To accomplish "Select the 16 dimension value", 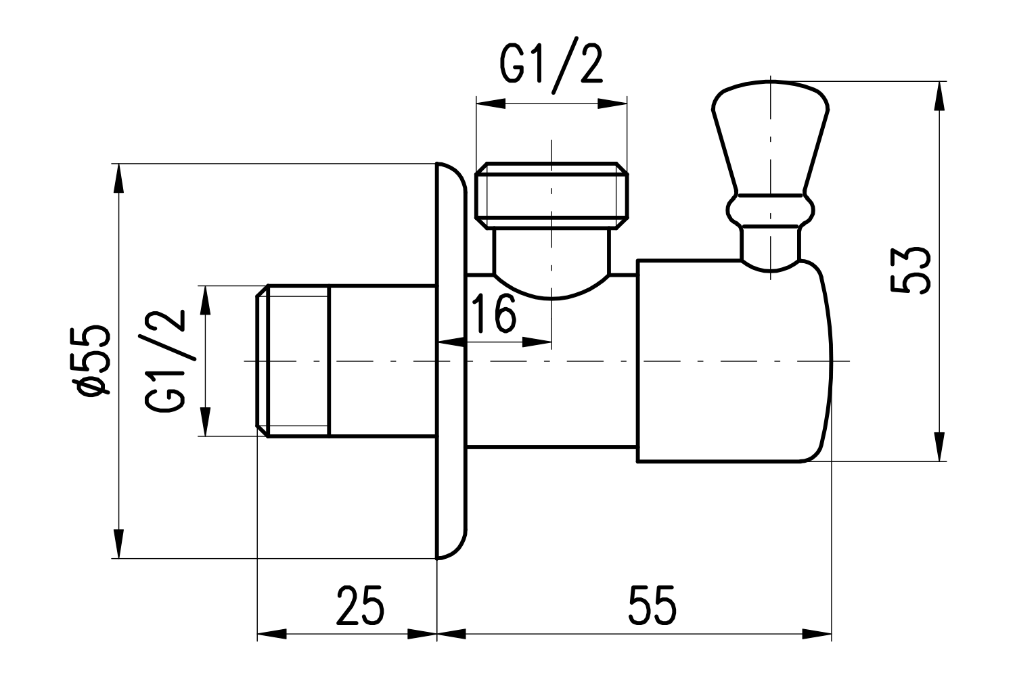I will coord(493,313).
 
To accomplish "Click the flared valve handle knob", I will coord(770,135).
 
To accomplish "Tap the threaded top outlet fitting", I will coord(552,195).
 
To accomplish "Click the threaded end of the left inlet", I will coord(293,361).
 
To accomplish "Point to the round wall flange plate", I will coord(451,361).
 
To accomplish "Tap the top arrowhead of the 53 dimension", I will coord(939,95).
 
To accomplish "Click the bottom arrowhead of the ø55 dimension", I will coord(118,545).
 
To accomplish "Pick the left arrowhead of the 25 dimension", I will coord(271,635).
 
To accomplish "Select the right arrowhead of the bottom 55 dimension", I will coord(817,635).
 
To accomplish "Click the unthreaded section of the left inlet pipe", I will coord(382,361).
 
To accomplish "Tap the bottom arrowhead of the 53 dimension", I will coord(939,448).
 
